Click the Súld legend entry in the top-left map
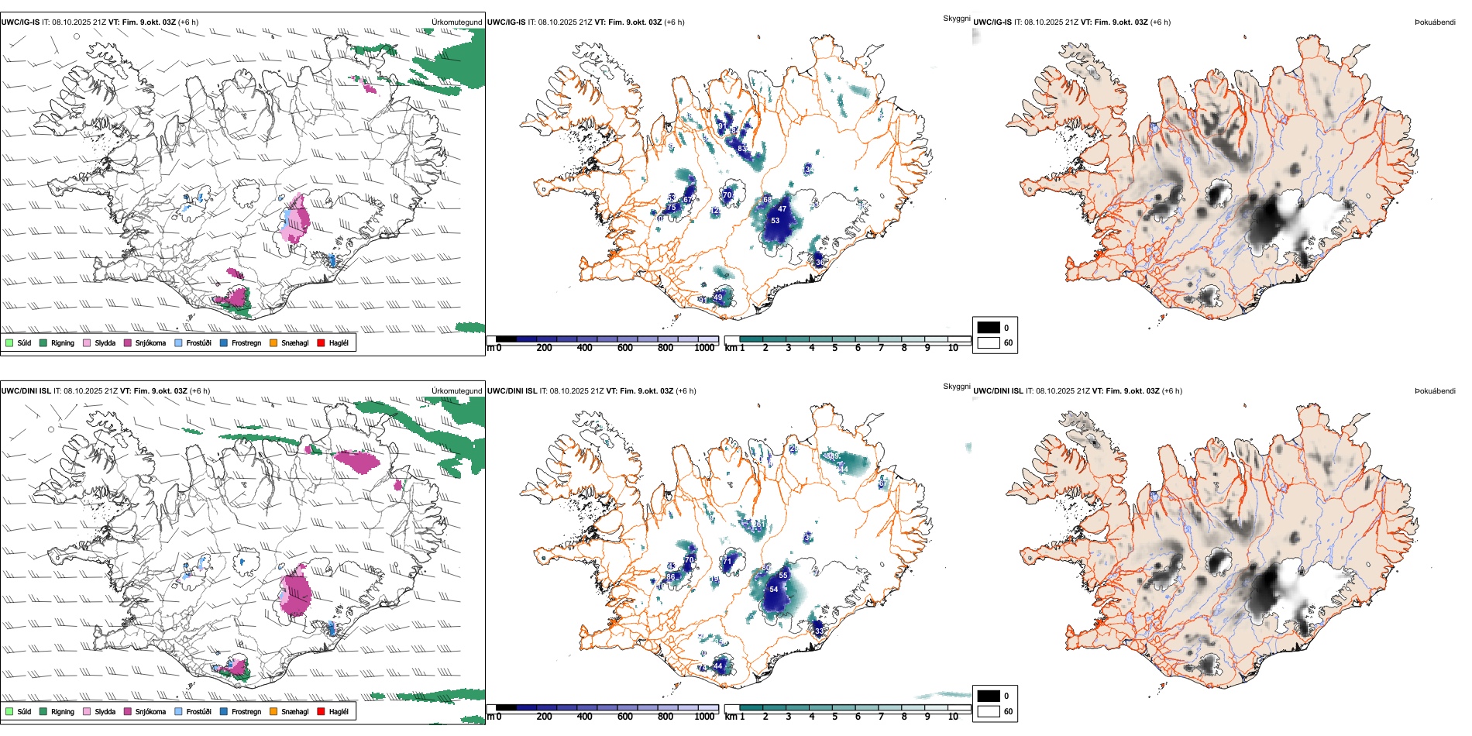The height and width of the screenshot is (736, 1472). [x=19, y=342]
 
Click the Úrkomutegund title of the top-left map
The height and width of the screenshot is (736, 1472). [x=456, y=22]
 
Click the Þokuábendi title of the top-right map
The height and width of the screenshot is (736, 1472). [x=1435, y=22]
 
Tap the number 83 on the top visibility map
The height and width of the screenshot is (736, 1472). [x=742, y=149]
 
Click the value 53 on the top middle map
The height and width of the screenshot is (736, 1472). [x=775, y=221]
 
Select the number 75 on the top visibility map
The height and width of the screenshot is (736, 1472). [x=672, y=208]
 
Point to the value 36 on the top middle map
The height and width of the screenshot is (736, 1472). [x=820, y=262]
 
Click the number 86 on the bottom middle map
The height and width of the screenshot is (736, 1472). [x=670, y=576]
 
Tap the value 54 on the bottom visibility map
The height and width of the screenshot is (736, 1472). [x=773, y=590]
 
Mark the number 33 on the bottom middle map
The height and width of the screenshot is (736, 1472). [x=820, y=631]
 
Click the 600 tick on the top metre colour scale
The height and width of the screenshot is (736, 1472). [x=624, y=348]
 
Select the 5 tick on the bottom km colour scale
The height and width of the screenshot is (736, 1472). [x=834, y=716]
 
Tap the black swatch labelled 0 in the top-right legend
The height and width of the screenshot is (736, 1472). [x=989, y=328]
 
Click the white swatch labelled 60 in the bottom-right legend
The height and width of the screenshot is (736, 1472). [x=989, y=711]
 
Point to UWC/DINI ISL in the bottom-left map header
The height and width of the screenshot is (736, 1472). [x=26, y=391]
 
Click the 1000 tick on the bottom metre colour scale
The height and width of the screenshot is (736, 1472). [x=704, y=716]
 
